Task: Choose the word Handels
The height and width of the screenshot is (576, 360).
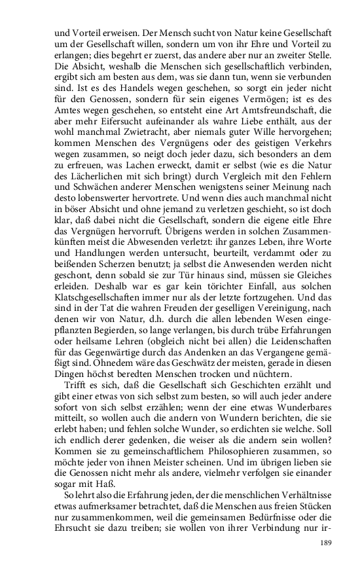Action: (130, 93)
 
